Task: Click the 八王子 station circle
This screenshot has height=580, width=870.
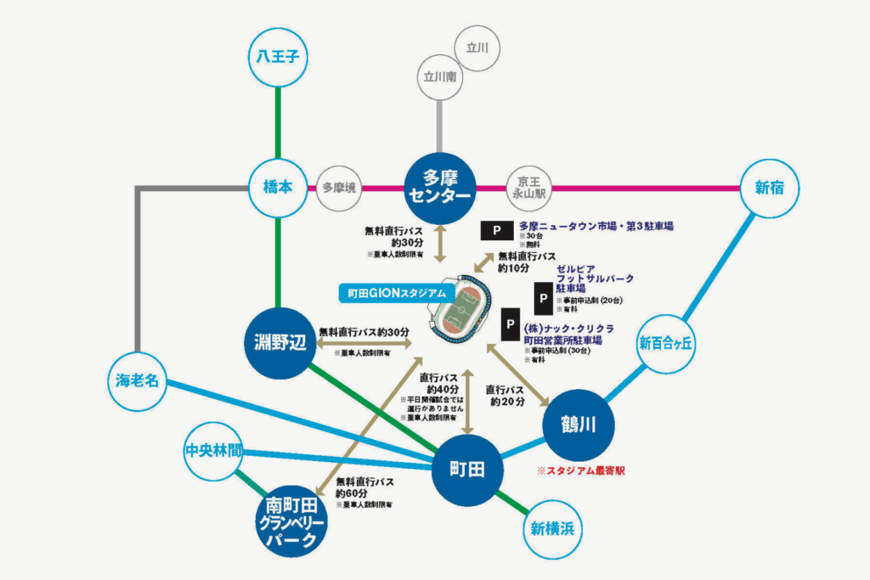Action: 278,58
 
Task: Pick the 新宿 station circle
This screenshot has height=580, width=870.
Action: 770,189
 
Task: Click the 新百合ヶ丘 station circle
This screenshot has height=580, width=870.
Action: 667,344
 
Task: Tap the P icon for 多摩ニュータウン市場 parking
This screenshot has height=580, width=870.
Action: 496,231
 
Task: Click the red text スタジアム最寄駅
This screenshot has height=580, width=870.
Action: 586,470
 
